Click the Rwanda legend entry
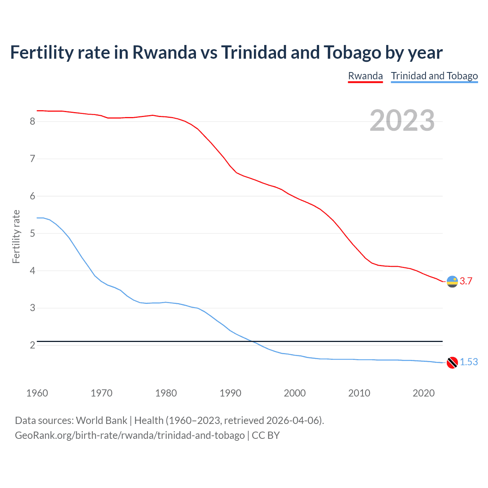[x=365, y=76]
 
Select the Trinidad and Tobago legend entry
[x=434, y=76]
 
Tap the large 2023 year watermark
[x=402, y=120]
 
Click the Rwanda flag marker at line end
[x=452, y=281]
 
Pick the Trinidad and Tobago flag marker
[x=452, y=362]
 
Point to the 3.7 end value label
[x=466, y=281]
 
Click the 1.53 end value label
[x=469, y=362]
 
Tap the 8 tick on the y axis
[x=32, y=121]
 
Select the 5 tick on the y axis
[x=32, y=233]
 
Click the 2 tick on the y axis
[x=32, y=345]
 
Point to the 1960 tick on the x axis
[x=37, y=393]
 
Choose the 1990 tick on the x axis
[x=230, y=393]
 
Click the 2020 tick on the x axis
[x=424, y=393]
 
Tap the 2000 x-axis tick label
[x=295, y=393]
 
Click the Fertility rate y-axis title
[x=16, y=236]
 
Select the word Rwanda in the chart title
[x=164, y=53]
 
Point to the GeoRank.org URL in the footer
[x=130, y=435]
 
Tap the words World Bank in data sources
[x=101, y=421]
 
